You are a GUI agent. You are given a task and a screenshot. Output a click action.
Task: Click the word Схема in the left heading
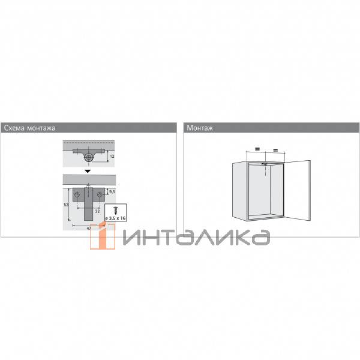coord(14,128)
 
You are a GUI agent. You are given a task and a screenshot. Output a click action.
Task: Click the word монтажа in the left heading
coord(41,128)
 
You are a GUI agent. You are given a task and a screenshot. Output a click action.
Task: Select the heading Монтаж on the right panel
coord(200,128)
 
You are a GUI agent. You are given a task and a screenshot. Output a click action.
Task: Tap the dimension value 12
coord(112,157)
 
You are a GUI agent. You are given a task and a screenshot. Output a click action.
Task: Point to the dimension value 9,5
coord(112,191)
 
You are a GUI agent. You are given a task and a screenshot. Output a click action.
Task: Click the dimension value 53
coord(66,205)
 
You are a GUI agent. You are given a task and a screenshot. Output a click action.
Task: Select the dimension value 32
coord(97,211)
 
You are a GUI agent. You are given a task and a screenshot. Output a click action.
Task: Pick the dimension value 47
coord(89,228)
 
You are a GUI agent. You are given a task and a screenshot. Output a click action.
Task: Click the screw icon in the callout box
coord(115,210)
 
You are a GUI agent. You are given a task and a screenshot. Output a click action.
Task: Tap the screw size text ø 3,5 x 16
coord(115,218)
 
